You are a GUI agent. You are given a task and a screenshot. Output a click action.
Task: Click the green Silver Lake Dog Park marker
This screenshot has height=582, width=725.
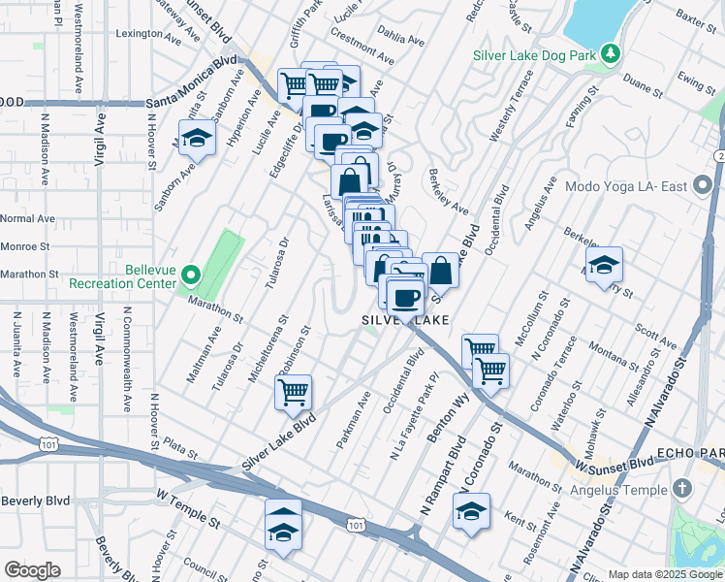(x=611, y=54)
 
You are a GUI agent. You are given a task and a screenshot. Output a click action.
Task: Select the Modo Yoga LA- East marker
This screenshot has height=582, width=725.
(x=702, y=187)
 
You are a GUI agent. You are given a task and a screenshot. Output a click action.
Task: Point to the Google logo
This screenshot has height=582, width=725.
(x=32, y=569)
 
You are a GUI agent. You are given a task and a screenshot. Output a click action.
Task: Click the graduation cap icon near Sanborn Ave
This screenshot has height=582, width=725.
(x=197, y=139)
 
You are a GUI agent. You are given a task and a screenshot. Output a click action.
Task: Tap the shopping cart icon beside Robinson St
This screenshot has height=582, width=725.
(x=293, y=393)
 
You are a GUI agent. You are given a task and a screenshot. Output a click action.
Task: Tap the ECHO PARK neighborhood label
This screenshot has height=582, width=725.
(x=689, y=454)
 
